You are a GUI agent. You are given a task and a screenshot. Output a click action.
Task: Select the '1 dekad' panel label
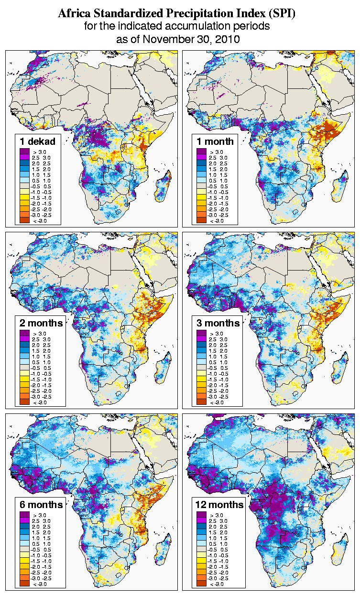point(38,141)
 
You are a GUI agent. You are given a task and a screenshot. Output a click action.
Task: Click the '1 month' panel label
point(215,141)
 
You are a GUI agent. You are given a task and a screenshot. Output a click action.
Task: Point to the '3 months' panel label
point(218,323)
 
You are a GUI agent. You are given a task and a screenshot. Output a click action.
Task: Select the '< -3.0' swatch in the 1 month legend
point(201,220)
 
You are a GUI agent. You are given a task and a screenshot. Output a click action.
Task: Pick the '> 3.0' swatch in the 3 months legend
point(201,333)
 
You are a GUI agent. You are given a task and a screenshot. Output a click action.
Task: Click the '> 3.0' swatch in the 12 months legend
point(201,515)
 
